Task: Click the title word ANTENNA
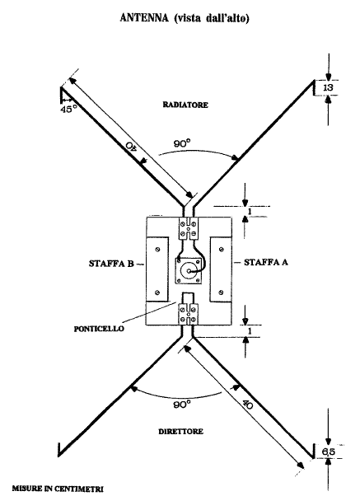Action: [x=144, y=18]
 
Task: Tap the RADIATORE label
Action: [x=185, y=105]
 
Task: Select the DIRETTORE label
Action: [x=180, y=432]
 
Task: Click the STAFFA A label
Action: [x=266, y=262]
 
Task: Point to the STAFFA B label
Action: [x=111, y=264]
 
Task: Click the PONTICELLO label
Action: [x=99, y=329]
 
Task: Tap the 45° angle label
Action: [x=68, y=110]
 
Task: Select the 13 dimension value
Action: [x=329, y=87]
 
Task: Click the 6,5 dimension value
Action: [x=329, y=452]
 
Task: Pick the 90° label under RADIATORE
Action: [x=182, y=144]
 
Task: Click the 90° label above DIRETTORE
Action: [x=182, y=405]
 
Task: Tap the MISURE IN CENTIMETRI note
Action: [x=58, y=489]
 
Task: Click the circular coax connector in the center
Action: [x=189, y=271]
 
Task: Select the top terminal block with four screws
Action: [x=189, y=228]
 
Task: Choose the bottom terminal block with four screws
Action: [x=189, y=314]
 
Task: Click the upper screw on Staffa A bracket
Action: [x=221, y=250]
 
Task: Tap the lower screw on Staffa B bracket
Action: [x=157, y=292]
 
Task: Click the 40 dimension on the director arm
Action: [x=248, y=404]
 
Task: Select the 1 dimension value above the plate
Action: [x=250, y=212]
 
